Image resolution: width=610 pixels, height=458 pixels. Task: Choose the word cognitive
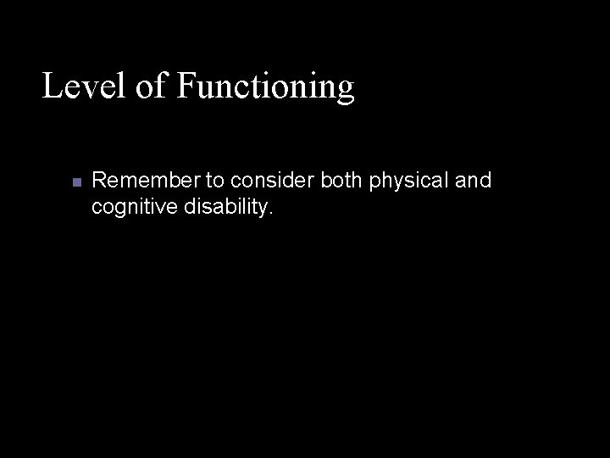coord(128,206)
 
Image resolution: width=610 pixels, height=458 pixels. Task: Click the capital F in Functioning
coord(187,86)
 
